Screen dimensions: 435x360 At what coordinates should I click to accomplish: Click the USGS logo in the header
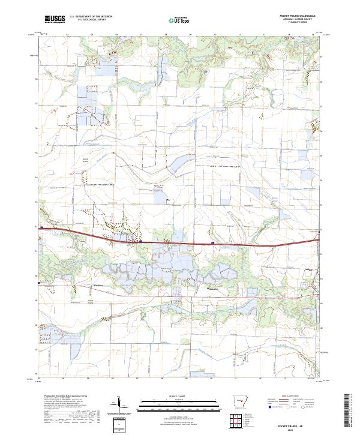pyautogui.click(x=55, y=20)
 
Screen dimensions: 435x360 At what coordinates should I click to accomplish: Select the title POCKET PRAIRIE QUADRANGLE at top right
pyautogui.click(x=298, y=16)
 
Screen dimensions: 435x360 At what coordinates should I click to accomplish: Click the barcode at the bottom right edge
pyautogui.click(x=347, y=410)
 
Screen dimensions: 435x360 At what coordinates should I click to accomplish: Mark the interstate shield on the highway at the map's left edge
pyautogui.click(x=41, y=228)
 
